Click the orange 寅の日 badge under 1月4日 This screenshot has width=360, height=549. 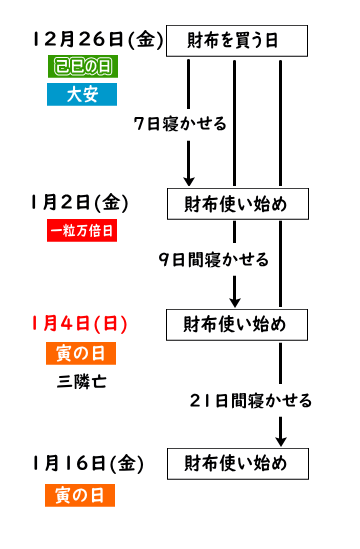click(81, 353)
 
